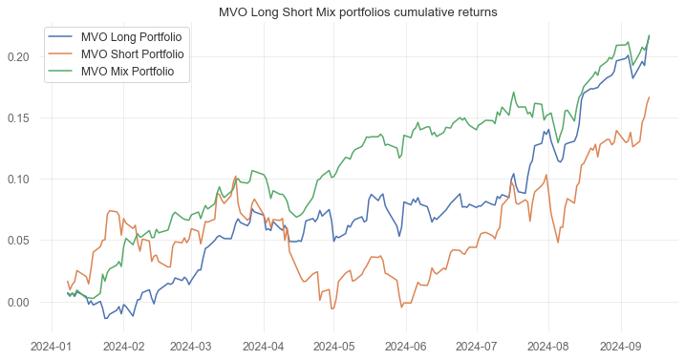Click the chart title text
coord(358,11)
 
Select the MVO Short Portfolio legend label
coord(133,53)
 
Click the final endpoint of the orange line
coord(650,97)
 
